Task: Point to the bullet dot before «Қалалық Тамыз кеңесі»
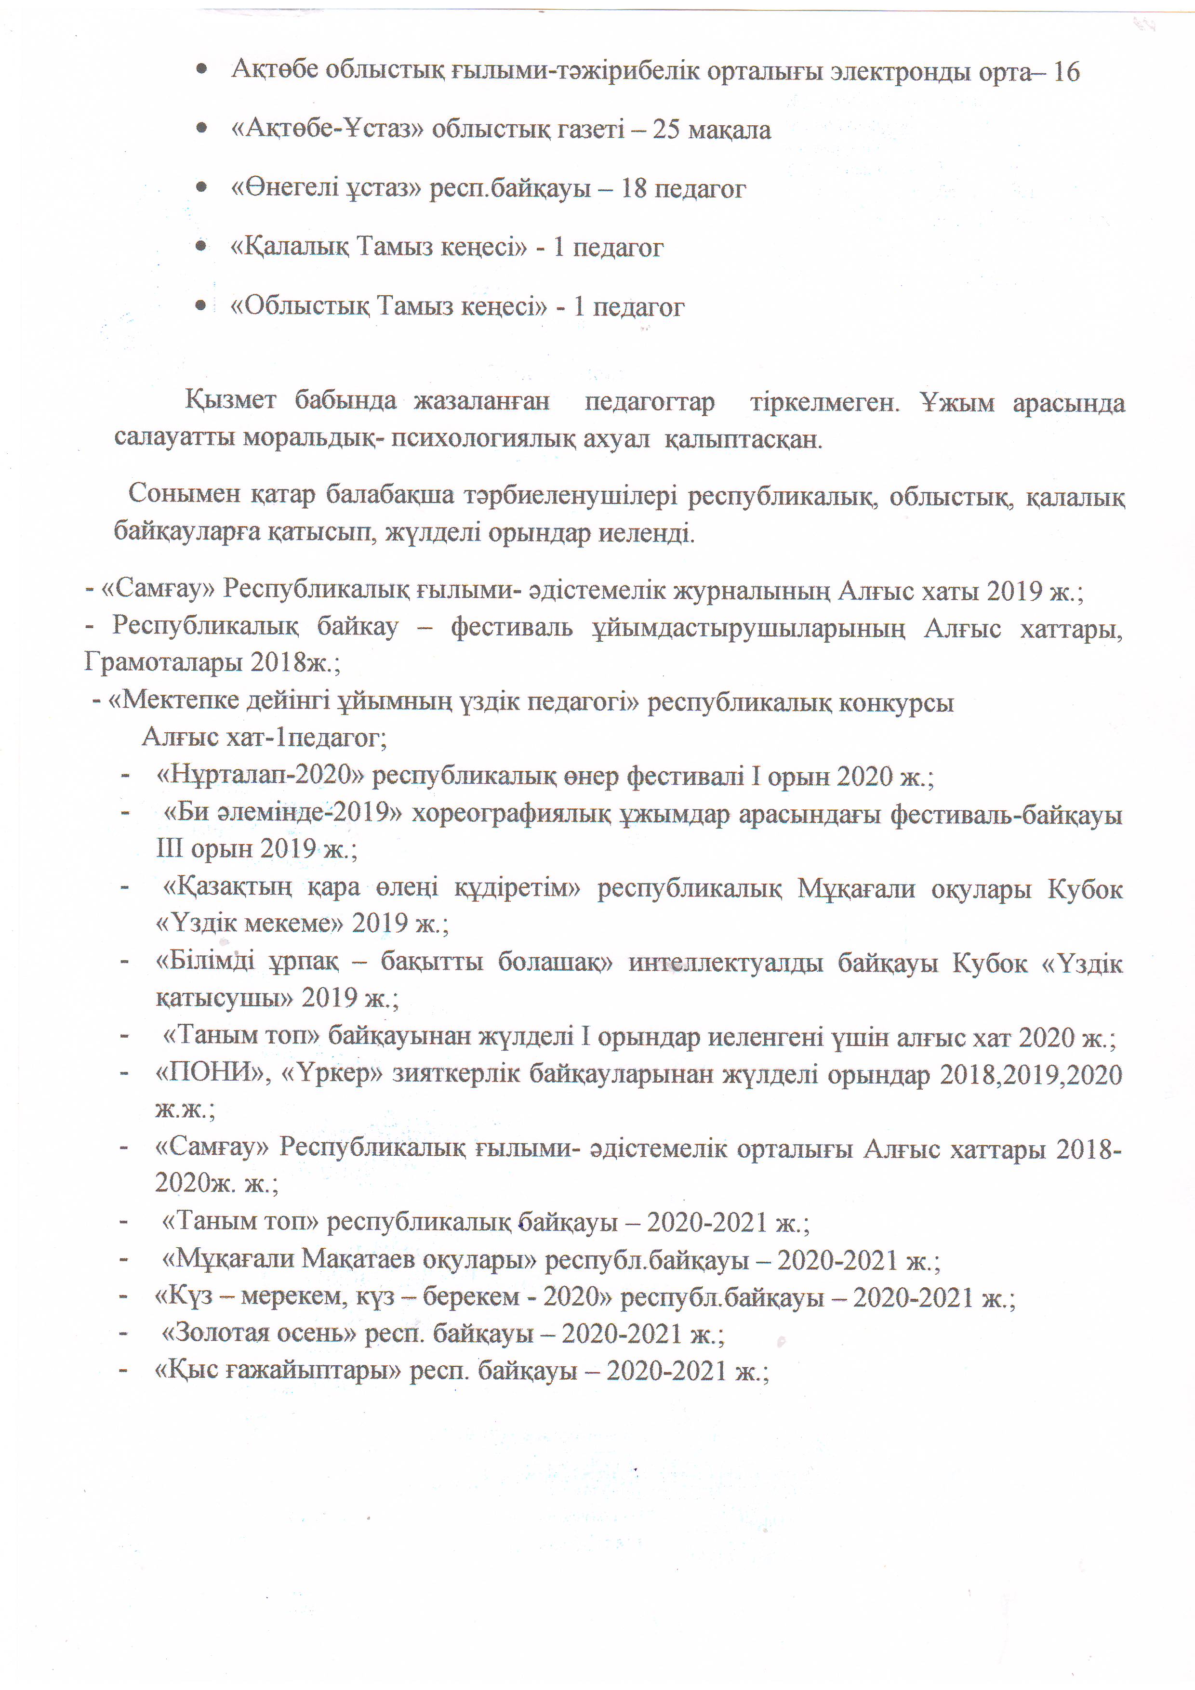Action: (200, 247)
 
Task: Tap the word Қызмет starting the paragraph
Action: (230, 402)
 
